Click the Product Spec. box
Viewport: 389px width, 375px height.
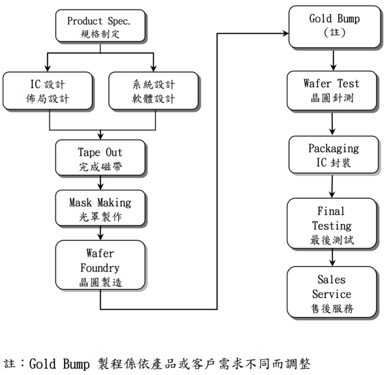(100, 27)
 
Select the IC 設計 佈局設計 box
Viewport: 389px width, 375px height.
(48, 91)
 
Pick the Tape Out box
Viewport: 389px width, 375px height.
(100, 159)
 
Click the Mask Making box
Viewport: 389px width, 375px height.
(100, 209)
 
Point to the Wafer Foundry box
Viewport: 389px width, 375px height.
(100, 267)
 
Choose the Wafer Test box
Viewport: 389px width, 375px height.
(332, 91)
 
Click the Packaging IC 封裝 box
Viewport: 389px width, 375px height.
(333, 155)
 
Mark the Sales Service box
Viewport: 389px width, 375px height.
(332, 293)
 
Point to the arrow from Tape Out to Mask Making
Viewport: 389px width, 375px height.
(100, 183)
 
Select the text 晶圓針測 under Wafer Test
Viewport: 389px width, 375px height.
(332, 98)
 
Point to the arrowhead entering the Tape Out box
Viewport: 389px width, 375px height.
(100, 136)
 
